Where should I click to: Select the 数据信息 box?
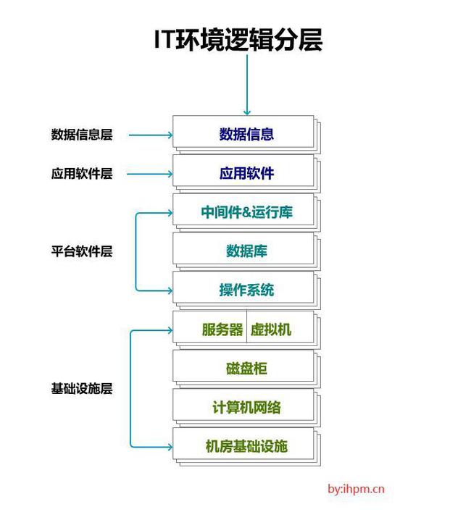click(x=246, y=134)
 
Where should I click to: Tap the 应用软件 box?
click(x=246, y=174)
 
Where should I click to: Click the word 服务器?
click(x=222, y=330)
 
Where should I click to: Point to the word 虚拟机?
click(x=271, y=330)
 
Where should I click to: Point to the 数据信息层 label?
click(x=81, y=135)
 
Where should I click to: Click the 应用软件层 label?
click(x=81, y=174)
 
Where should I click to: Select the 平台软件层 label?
click(x=81, y=252)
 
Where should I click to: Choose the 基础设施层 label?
click(x=81, y=388)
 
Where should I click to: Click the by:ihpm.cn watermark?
click(x=356, y=489)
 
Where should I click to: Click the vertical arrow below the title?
click(x=246, y=83)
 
